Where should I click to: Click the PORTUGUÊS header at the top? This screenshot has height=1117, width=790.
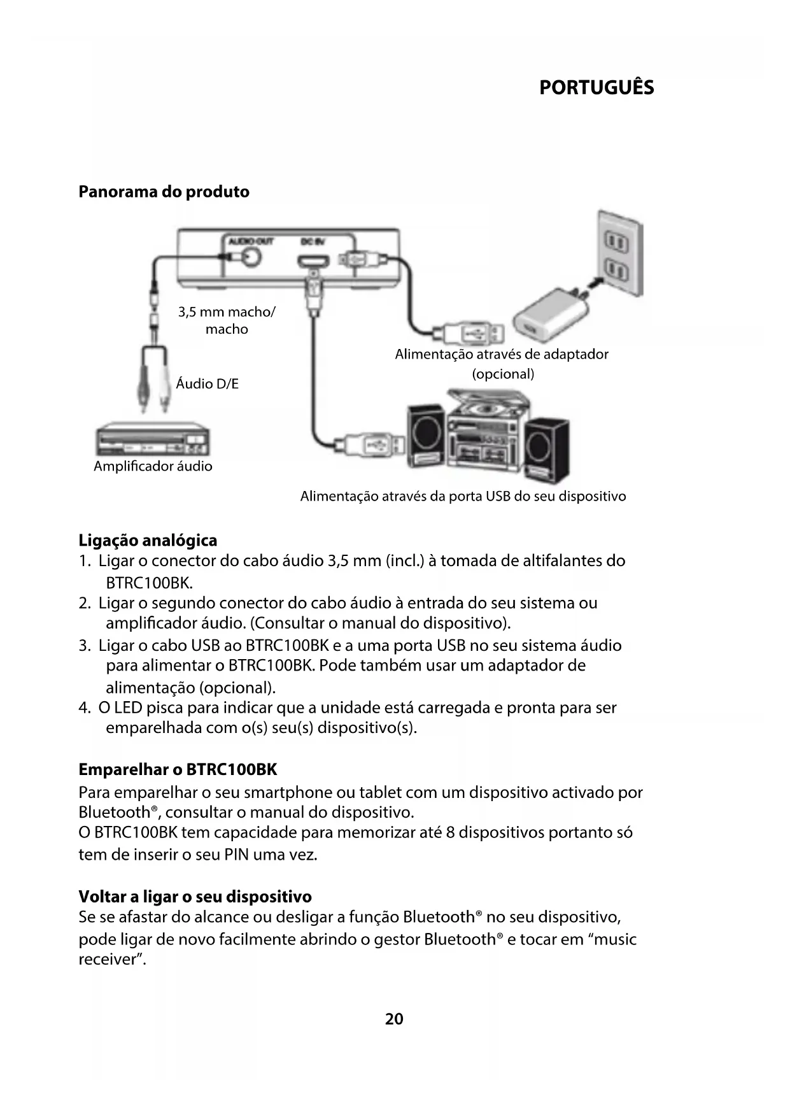coord(596,87)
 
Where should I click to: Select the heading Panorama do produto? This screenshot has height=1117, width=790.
coord(164,192)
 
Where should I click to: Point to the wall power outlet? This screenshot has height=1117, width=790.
coord(618,255)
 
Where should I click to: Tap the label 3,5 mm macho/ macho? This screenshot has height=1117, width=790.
coord(227,320)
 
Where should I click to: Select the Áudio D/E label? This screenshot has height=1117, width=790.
coord(207,383)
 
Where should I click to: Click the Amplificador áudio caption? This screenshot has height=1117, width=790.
coord(153,466)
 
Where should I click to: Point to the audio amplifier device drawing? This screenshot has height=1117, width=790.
coord(153,439)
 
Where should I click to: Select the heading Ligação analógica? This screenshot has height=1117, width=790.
coord(148,541)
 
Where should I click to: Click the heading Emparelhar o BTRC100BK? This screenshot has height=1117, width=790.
coord(178,769)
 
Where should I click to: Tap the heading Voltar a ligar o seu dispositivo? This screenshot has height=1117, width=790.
coord(195,897)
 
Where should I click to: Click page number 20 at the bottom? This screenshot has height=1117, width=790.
coord(394,1019)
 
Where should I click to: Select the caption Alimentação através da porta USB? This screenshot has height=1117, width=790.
coord(463,496)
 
